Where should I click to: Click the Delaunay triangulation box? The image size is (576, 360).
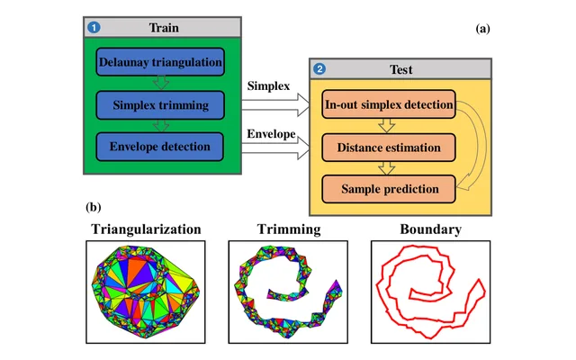[x=160, y=62]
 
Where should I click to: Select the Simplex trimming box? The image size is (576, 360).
[x=160, y=105]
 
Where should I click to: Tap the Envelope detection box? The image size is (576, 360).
[x=160, y=147]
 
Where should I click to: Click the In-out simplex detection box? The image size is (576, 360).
[x=389, y=104]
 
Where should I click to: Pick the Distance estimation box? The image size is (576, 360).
[x=389, y=148]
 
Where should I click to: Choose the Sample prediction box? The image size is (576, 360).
[x=389, y=189]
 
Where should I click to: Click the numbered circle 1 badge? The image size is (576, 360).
[x=94, y=28]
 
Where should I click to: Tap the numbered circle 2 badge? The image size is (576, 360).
[x=319, y=68]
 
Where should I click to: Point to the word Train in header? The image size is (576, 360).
[x=164, y=28]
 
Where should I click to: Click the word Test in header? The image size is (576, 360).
[x=401, y=69]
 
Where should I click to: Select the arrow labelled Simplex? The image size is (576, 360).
[x=275, y=104]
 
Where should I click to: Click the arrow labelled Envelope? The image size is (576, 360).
[x=275, y=148]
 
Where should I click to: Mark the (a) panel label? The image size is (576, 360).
[x=482, y=29]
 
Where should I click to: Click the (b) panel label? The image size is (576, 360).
[x=94, y=207]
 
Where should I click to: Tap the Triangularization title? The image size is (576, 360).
[x=146, y=229]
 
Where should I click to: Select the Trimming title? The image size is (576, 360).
[x=289, y=229]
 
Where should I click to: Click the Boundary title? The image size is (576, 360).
[x=430, y=229]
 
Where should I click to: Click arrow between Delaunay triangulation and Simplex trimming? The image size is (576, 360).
[x=161, y=83]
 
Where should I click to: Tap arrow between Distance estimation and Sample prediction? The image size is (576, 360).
[x=387, y=168]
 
